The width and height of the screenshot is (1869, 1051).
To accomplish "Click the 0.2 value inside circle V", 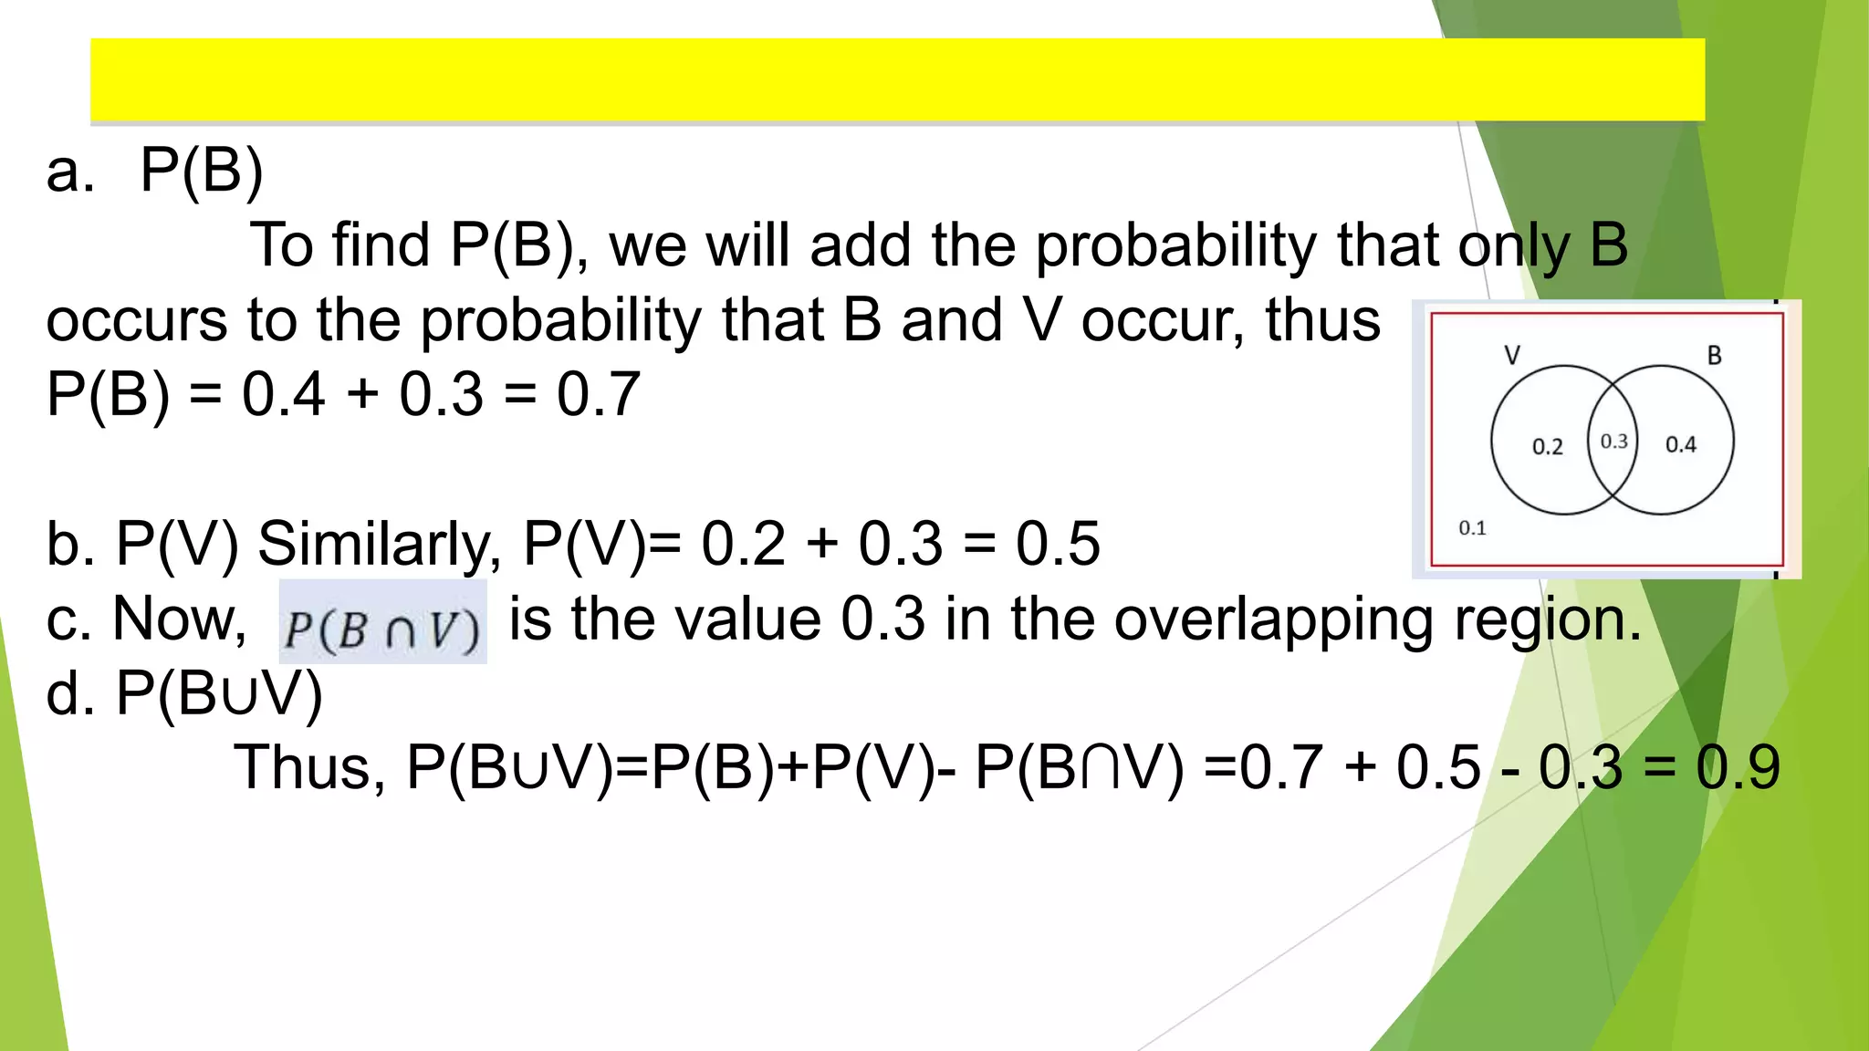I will point(1547,446).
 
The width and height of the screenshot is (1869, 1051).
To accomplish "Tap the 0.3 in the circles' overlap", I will point(1613,442).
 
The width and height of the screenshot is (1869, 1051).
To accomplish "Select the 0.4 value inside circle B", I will point(1680,444).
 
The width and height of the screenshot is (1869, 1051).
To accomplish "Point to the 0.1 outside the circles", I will point(1472,527).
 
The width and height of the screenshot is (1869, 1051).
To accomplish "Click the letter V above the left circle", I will point(1512,355).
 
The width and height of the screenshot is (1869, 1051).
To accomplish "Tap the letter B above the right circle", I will point(1714,355).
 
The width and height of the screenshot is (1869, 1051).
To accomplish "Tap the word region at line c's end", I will point(1547,620).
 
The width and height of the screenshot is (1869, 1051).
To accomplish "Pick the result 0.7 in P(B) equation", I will point(599,395).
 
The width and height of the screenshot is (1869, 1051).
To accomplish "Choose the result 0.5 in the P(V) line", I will point(1058,544).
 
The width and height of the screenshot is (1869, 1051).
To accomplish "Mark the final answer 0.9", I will point(1738,767).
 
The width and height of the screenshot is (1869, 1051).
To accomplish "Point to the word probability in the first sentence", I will point(1175,246).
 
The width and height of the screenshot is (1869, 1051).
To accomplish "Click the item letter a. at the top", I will point(70,171).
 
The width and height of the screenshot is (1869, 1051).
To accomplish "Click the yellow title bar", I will point(897,79).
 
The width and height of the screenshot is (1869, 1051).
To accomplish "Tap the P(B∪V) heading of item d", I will point(219,694).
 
